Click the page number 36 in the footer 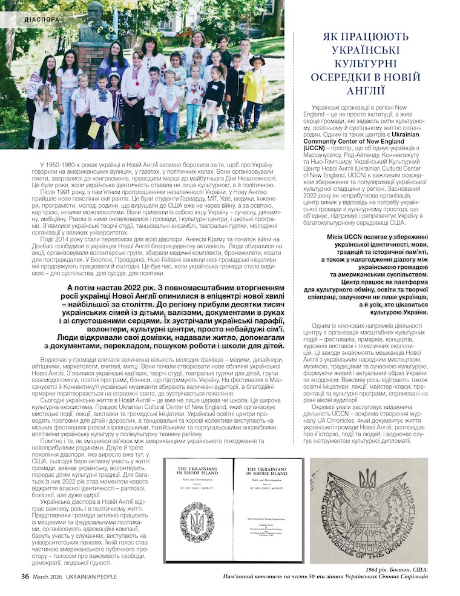point(25,576)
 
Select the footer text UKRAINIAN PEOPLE point(89,577)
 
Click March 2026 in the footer point(47,577)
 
